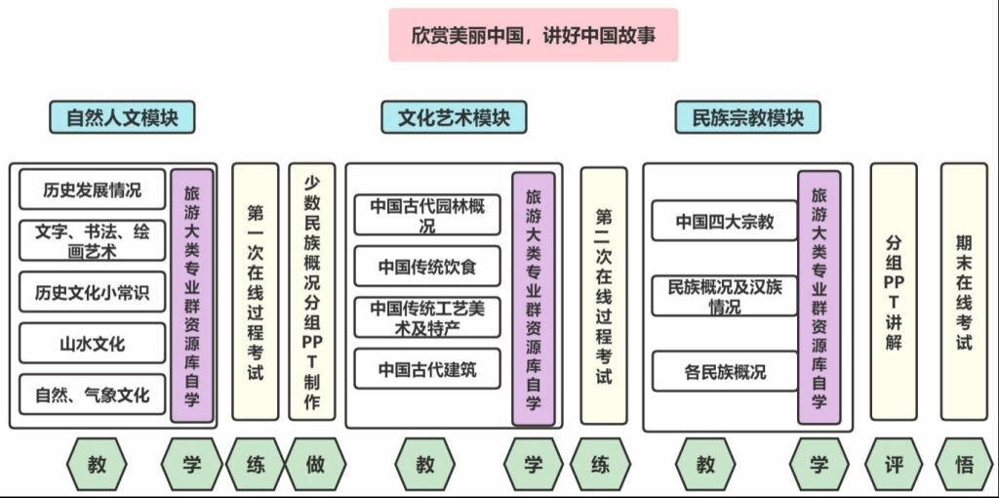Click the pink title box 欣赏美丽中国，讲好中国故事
coord(533,35)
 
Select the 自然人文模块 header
coord(122,117)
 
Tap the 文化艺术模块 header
coord(454,117)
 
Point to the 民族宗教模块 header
coord(747,117)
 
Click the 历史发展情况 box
coord(92,189)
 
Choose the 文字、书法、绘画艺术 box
coord(92,240)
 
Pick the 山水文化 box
coord(92,344)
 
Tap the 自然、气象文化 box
coord(92,395)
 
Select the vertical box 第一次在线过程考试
coord(255,291)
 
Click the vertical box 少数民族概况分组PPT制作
coord(312,291)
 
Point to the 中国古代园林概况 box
coord(427,215)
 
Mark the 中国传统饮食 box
coord(427,267)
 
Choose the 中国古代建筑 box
coord(427,369)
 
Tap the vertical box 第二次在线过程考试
coord(604,295)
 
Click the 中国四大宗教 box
coord(724,222)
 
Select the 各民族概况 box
coord(724,372)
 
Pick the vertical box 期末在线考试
coord(964,291)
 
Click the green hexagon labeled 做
coord(315,465)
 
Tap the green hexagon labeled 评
coord(895,465)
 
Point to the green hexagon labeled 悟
coord(964,465)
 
